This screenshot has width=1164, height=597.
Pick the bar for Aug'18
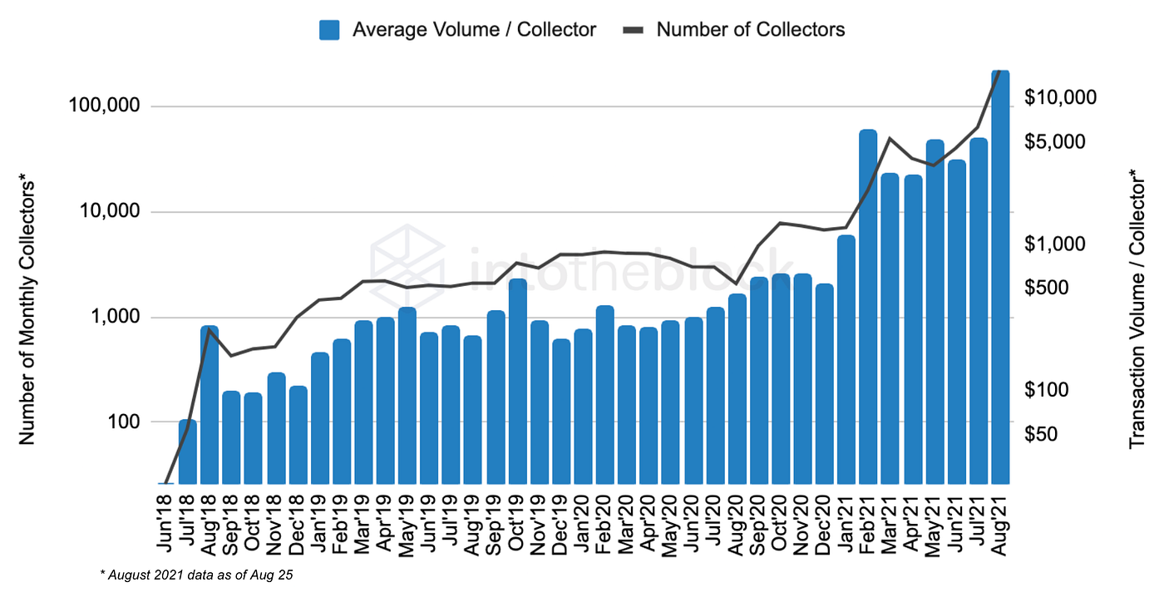coord(210,404)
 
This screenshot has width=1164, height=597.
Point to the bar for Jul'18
coord(188,451)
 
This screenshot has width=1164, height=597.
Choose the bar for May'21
coord(935,311)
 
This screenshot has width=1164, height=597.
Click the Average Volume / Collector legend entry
coord(457,30)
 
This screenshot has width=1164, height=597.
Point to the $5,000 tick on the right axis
coord(1055,142)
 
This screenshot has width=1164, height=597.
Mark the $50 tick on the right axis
coord(1043,434)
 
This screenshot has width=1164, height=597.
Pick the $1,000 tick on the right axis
coord(1055,244)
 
